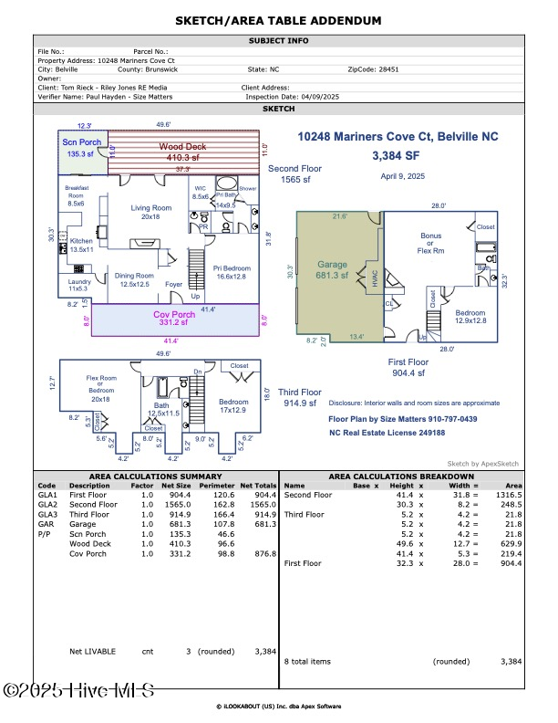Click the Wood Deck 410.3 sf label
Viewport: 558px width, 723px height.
[183, 152]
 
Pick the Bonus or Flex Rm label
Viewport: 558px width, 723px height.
[431, 243]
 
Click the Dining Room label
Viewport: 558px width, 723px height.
[133, 279]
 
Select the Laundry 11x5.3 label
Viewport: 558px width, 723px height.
[79, 285]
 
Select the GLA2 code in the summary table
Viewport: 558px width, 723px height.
[48, 504]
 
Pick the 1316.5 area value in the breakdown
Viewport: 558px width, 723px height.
[510, 495]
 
